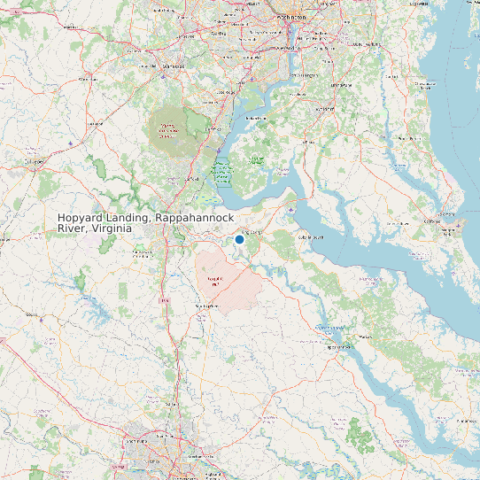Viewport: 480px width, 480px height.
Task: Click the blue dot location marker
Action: [239, 239]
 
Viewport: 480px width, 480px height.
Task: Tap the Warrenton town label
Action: [88, 79]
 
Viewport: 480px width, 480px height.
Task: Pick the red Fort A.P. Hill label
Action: [213, 282]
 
